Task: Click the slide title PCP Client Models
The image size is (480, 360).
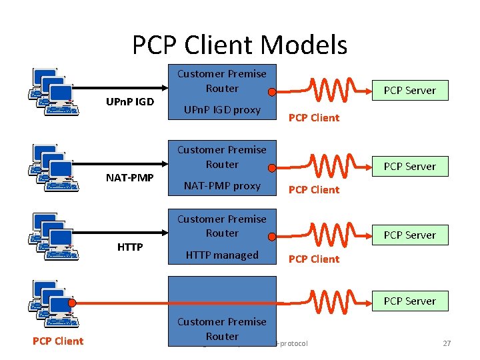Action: coord(239,45)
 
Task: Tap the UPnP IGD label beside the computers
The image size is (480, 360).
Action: coord(130,102)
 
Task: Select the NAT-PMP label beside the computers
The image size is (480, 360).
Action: coord(130,178)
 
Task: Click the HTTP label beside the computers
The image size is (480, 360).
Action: coord(130,247)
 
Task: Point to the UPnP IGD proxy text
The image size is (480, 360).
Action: coord(222,109)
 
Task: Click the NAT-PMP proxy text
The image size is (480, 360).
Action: coord(222,185)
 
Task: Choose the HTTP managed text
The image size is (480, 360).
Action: coord(222,255)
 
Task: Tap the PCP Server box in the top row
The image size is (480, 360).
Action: coord(409,90)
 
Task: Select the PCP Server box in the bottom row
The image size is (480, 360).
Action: coord(409,301)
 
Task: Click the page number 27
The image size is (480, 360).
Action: coord(447,343)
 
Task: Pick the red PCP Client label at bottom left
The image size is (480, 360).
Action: coord(58,341)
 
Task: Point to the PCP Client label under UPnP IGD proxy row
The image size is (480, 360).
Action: coord(313,118)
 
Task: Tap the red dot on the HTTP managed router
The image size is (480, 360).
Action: coord(271,235)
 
